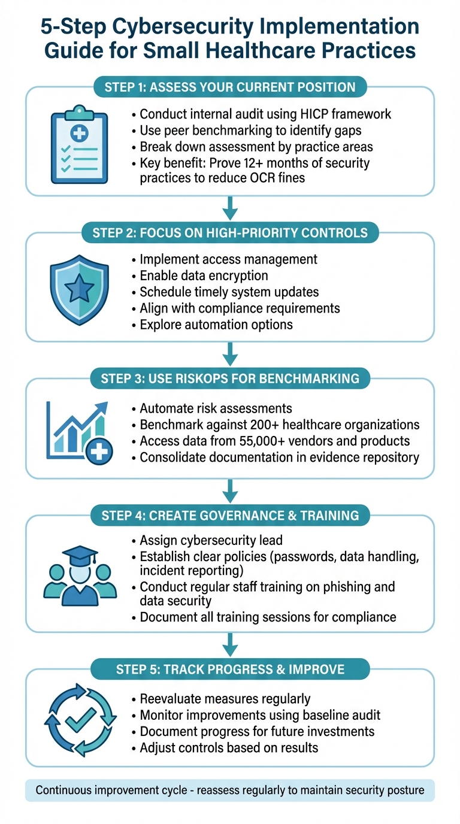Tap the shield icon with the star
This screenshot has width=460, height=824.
click(x=79, y=290)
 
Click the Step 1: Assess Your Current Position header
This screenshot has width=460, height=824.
click(x=230, y=87)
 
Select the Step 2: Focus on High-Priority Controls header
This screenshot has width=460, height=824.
click(x=230, y=232)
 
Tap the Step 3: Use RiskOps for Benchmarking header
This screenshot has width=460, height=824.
click(x=230, y=378)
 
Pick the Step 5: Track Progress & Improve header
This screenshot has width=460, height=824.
click(x=230, y=669)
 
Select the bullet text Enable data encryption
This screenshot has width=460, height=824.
click(x=204, y=276)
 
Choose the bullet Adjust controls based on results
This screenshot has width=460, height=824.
click(x=229, y=747)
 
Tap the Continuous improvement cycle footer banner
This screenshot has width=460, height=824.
click(x=230, y=790)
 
